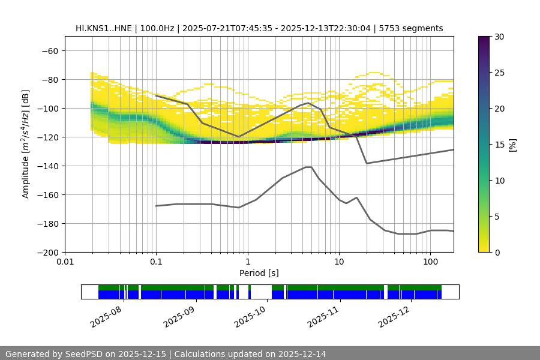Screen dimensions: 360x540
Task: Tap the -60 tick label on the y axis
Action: (49, 51)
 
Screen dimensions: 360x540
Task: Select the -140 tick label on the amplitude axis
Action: (46, 166)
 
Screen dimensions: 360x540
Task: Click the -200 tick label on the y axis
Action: (46, 253)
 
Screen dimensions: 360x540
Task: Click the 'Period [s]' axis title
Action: (259, 274)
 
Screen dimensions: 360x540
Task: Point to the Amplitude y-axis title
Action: (26, 144)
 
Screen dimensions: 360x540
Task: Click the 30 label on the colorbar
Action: (499, 37)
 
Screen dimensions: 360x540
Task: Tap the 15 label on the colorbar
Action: (499, 145)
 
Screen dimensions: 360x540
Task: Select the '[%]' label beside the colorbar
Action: (512, 145)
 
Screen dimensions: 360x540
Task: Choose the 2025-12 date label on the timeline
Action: (393, 315)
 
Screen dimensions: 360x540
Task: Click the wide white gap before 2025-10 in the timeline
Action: (261, 292)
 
